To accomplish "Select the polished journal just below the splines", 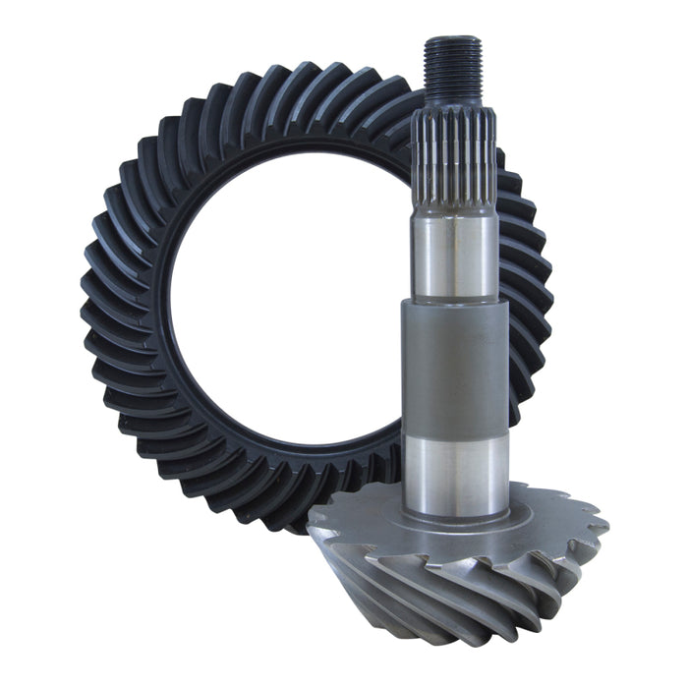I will (x=453, y=258).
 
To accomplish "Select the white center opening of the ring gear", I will (x=285, y=295).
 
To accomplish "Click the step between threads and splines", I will (x=453, y=106).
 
